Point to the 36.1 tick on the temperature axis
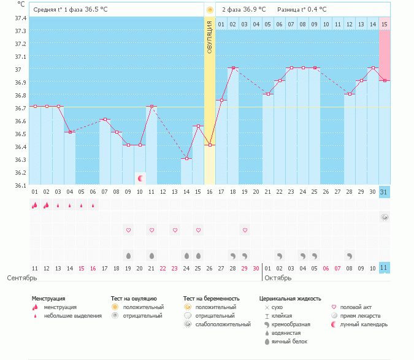[x=21, y=185]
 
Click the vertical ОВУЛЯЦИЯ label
[x=210, y=38]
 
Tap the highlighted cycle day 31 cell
[x=384, y=192]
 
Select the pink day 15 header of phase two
[x=384, y=24]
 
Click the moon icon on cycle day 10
[x=140, y=178]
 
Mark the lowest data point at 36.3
[x=186, y=159]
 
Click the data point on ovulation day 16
[x=210, y=145]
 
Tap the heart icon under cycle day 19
[x=245, y=230]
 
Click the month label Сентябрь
[x=22, y=278]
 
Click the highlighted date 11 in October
[x=384, y=268]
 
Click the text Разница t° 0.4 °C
[x=302, y=10]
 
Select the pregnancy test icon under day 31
[x=384, y=217]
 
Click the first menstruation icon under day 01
[x=35, y=205]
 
